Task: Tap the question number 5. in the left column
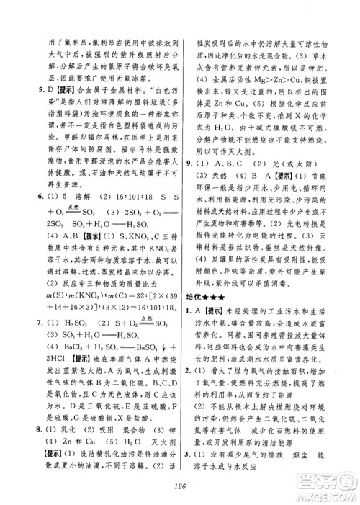point(30,91)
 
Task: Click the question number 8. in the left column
point(30,409)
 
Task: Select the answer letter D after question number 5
point(41,91)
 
